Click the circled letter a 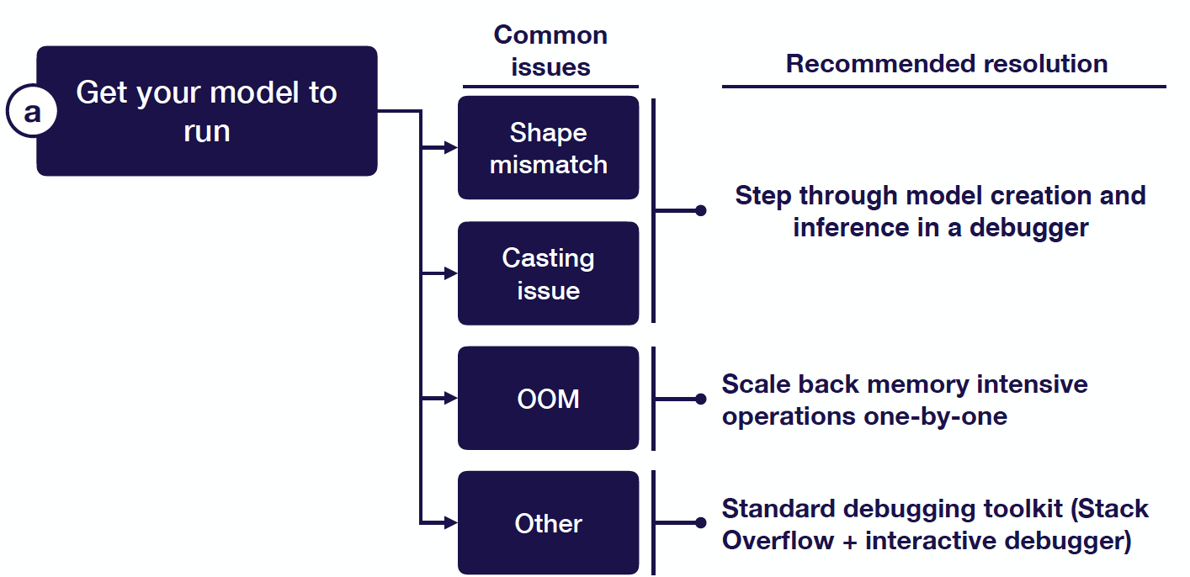pos(32,112)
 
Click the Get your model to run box pos(207,111)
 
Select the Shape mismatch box pos(548,147)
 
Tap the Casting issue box pos(548,273)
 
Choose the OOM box pos(548,398)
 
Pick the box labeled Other pos(548,523)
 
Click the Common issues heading pos(550,51)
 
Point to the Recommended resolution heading pos(947,64)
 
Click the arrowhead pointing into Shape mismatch pos(450,147)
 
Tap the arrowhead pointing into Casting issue pos(450,273)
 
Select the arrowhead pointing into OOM pos(450,398)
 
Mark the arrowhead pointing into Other pos(450,523)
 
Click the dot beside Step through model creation pos(701,211)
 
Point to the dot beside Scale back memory pos(701,399)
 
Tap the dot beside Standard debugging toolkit pos(701,523)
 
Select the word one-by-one pos(936,416)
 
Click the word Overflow pos(778,541)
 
